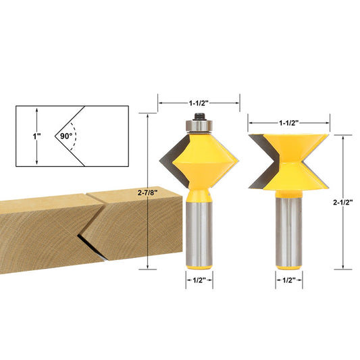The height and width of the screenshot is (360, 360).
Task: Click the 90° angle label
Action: tap(66, 136)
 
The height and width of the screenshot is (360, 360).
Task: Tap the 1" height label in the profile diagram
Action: tap(36, 136)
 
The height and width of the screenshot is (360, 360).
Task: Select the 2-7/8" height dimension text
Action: tap(147, 193)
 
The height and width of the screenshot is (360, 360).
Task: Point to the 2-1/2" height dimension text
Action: tap(343, 202)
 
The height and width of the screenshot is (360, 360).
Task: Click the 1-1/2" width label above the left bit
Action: tap(199, 103)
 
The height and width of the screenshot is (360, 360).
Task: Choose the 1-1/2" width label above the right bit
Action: tap(288, 124)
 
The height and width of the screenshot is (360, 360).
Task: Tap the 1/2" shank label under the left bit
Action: tap(199, 280)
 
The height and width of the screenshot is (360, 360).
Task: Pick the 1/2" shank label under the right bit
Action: tap(289, 280)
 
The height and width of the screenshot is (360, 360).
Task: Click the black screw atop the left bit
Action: tap(199, 117)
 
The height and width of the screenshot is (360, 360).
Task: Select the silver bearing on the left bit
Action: tap(199, 126)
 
